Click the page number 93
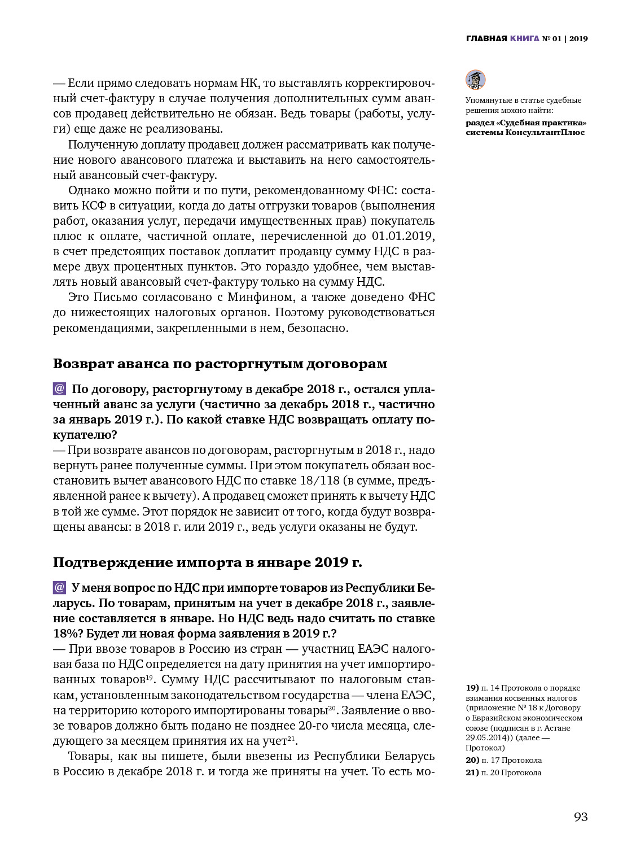(581, 817)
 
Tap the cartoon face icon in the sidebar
(475, 80)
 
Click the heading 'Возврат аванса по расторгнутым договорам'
(220, 364)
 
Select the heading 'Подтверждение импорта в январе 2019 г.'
(208, 562)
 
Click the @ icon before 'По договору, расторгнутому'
(60, 388)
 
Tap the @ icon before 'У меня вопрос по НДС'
(60, 587)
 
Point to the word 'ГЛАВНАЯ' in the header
(486, 38)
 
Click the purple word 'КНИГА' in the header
(525, 38)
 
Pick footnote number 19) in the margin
(472, 688)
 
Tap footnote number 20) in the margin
(472, 760)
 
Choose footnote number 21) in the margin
(472, 772)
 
